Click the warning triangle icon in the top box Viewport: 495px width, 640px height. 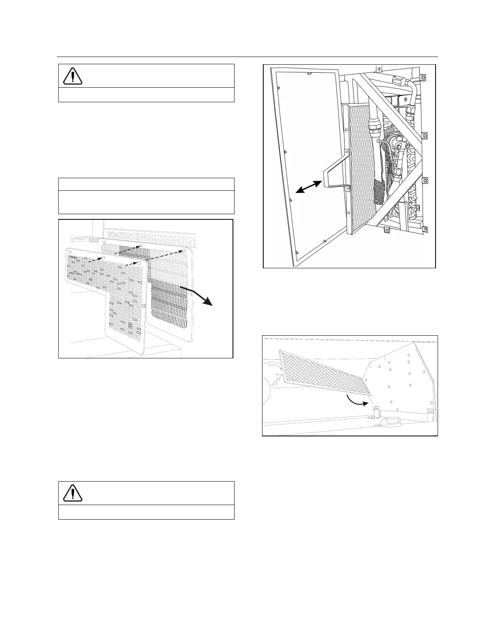[x=73, y=76]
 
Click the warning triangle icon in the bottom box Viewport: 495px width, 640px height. [x=73, y=493]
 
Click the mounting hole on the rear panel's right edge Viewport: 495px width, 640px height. [x=190, y=295]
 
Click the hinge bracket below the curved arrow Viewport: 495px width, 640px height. [x=376, y=413]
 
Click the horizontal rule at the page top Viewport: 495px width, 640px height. [x=247, y=57]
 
